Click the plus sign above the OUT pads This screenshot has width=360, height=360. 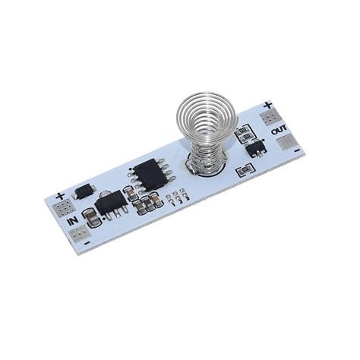267,105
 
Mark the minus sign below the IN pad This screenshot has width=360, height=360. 87,243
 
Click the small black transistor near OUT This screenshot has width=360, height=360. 256,147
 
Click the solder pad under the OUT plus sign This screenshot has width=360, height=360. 269,118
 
